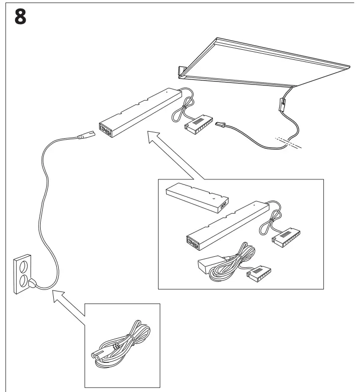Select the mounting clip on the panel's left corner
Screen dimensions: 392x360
pyautogui.click(x=181, y=72)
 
